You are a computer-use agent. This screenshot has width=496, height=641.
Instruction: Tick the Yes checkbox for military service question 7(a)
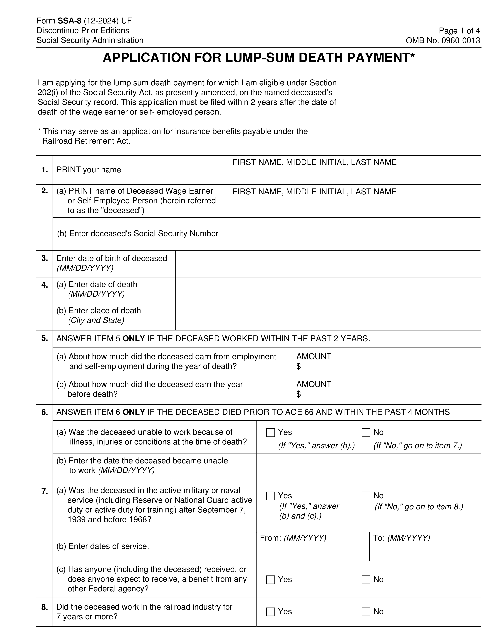tap(270, 496)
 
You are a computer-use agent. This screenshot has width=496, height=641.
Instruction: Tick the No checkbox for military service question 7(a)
tap(366, 496)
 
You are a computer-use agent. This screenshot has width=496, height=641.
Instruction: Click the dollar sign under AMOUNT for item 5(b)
tap(299, 394)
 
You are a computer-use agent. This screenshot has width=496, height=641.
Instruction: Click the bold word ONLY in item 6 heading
tap(133, 412)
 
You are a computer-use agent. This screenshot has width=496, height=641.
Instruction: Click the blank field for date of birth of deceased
tap(328, 264)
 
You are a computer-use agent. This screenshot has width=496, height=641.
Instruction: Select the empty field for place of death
tap(328, 316)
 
